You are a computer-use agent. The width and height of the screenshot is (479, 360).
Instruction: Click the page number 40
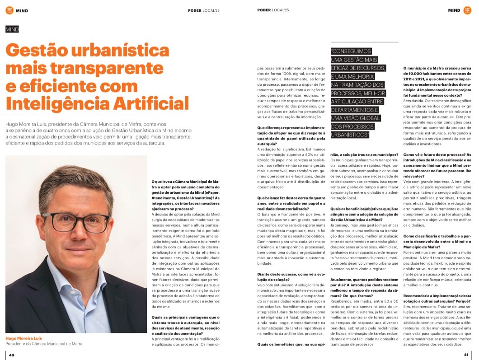12,355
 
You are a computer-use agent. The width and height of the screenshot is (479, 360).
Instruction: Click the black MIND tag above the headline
12,29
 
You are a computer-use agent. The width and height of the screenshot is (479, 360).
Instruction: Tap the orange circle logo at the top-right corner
467,10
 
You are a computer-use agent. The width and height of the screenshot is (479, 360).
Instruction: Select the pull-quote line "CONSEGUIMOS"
351,51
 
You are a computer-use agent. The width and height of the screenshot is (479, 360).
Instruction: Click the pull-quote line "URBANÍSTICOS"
350,135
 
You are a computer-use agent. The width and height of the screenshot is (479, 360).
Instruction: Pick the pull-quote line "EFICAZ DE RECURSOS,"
358,68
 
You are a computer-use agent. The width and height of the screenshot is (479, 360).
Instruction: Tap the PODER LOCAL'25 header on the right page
273,10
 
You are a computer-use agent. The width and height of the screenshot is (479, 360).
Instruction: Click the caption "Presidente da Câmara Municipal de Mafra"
44,344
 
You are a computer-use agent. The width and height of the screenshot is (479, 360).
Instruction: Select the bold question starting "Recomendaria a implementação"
437,299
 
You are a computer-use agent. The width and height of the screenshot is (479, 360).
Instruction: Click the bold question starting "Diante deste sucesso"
285,277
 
